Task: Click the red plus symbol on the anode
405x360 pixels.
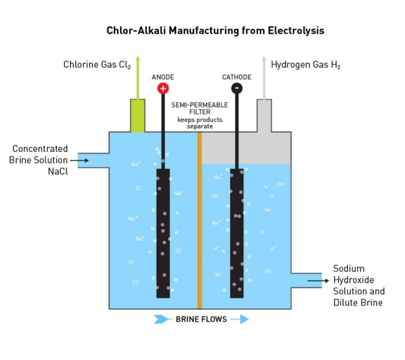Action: tap(163, 89)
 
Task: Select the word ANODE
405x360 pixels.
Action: tap(162, 77)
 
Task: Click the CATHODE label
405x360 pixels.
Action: tap(237, 77)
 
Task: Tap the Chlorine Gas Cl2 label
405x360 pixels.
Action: tap(96, 65)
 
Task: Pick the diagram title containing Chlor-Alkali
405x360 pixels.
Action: tap(215, 31)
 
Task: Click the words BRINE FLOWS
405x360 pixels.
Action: tap(201, 319)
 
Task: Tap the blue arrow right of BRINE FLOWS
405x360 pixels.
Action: tap(239, 319)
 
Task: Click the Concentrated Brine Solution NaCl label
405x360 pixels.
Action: tap(40, 160)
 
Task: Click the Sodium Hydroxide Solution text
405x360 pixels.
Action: tap(359, 285)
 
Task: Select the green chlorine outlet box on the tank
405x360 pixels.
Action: tap(138, 115)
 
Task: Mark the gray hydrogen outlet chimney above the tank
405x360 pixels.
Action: tap(264, 115)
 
